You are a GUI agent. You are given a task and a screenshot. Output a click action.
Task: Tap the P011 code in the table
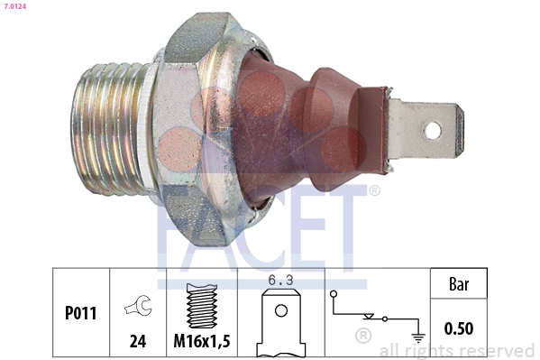point(81,314)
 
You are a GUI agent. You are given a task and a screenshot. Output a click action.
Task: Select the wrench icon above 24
point(138,307)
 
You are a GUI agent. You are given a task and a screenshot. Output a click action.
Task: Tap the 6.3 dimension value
point(281,281)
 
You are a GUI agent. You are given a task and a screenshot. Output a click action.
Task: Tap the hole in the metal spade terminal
point(433,130)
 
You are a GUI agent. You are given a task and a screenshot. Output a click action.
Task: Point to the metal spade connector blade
point(424,130)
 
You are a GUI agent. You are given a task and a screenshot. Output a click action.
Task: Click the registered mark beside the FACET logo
point(373,190)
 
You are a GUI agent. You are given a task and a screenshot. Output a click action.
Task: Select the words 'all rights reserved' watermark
point(457,350)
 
